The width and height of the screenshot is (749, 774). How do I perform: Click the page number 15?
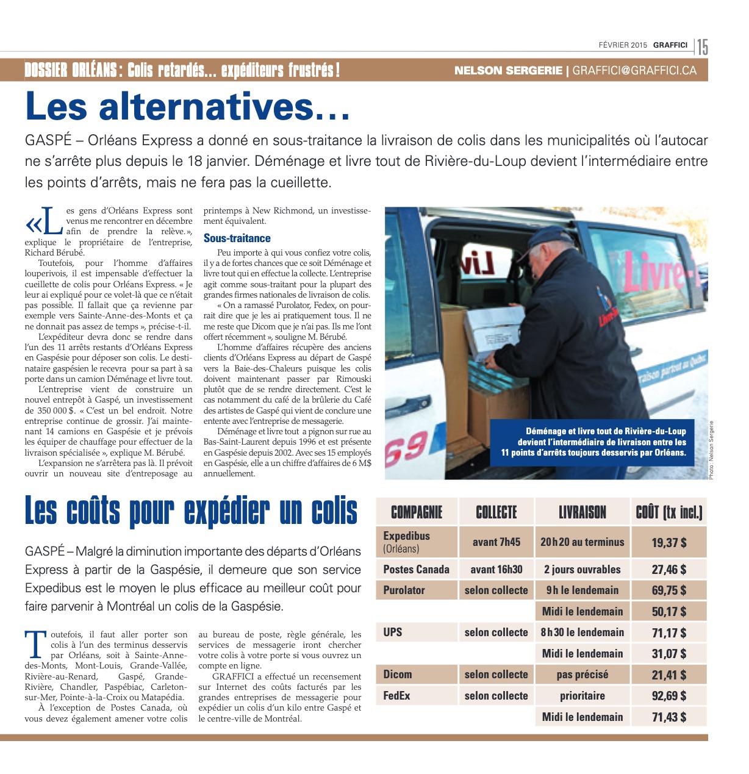click(703, 46)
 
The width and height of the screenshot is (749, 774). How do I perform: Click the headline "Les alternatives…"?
click(188, 106)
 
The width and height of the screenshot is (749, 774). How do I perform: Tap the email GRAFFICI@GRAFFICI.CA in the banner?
click(634, 70)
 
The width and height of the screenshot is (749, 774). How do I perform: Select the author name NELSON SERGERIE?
click(508, 70)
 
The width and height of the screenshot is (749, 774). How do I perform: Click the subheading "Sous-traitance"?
click(237, 238)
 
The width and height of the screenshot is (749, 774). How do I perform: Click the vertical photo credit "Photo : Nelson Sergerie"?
click(711, 450)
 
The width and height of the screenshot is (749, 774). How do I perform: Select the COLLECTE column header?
click(496, 512)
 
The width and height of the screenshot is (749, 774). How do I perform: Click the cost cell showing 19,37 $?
click(668, 542)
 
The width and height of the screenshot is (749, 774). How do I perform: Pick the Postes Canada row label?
click(416, 570)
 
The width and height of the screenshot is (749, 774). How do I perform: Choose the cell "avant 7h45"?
click(496, 542)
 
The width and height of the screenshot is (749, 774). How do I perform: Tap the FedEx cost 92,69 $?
click(668, 696)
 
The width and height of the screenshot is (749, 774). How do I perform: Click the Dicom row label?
click(398, 675)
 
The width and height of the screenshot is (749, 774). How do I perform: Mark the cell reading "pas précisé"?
click(582, 675)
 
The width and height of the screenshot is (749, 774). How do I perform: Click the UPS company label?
click(393, 632)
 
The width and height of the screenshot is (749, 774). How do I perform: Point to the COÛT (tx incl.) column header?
click(668, 512)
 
